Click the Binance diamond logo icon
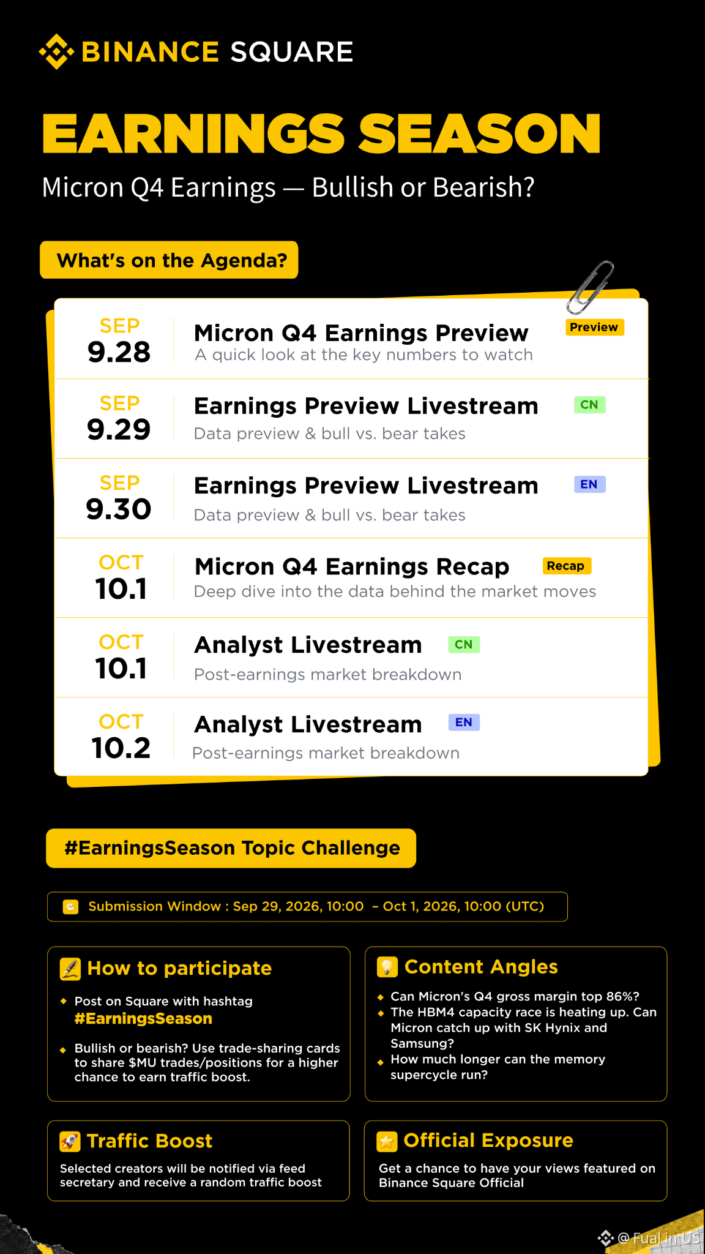tap(56, 51)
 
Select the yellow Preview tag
tap(594, 327)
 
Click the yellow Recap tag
tap(566, 566)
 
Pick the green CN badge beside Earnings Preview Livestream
tap(589, 405)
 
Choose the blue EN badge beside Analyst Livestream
tap(464, 723)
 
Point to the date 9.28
tap(119, 352)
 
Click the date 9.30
tap(119, 509)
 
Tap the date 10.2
tap(121, 748)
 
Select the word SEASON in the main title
tap(480, 133)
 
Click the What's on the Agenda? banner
tap(169, 260)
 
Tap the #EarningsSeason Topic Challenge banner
tap(231, 848)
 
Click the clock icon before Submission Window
tap(71, 906)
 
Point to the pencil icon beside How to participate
tap(70, 969)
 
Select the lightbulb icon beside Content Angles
tap(387, 967)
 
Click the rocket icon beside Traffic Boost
tap(70, 1141)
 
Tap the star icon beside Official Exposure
tap(387, 1141)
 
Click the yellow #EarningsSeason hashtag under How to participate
tap(143, 1019)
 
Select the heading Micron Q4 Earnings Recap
tap(352, 567)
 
